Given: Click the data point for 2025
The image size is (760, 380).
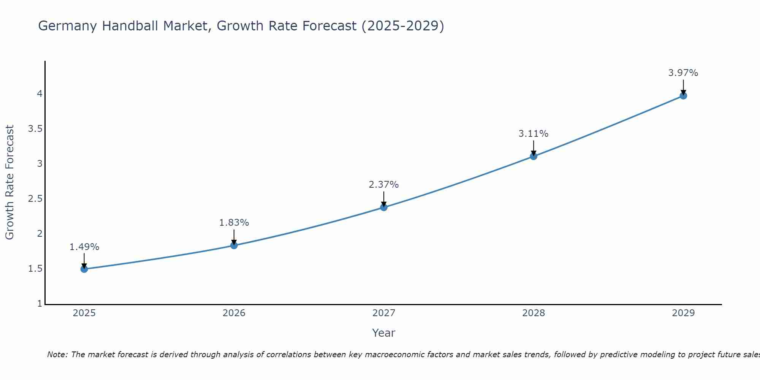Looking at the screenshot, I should coord(84,269).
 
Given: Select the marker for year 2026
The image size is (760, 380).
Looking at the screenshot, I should coord(234,245).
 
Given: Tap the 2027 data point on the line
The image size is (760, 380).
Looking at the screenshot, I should coord(384,207).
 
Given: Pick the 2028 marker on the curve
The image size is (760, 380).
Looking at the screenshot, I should coord(534,156).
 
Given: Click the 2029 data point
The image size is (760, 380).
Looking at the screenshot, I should coord(683,96).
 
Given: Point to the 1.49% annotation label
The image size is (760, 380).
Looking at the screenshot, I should coord(84,247).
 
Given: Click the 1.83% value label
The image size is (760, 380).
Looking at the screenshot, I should coord(234,223).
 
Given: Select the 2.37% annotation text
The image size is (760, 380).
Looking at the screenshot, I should coord(384,185).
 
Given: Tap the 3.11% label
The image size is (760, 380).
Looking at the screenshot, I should coord(534,134).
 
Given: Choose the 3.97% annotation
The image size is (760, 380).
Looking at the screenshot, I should coord(683,73).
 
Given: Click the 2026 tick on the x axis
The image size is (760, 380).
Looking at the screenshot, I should coord(234,313).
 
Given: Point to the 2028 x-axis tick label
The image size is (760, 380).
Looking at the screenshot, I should coord(534,313).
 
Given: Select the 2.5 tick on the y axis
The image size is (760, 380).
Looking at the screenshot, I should coord(35,199).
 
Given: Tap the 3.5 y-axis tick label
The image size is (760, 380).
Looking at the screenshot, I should coord(35,129).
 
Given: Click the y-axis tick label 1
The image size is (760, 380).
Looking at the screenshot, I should coord(40,304).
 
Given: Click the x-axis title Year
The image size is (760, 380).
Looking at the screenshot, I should coord(384,333).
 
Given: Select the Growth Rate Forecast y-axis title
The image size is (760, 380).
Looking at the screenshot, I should coord(9,182).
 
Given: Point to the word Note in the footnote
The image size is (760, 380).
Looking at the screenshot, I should coord(57,355).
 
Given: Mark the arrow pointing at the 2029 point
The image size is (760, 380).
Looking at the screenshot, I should coord(683,87).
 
